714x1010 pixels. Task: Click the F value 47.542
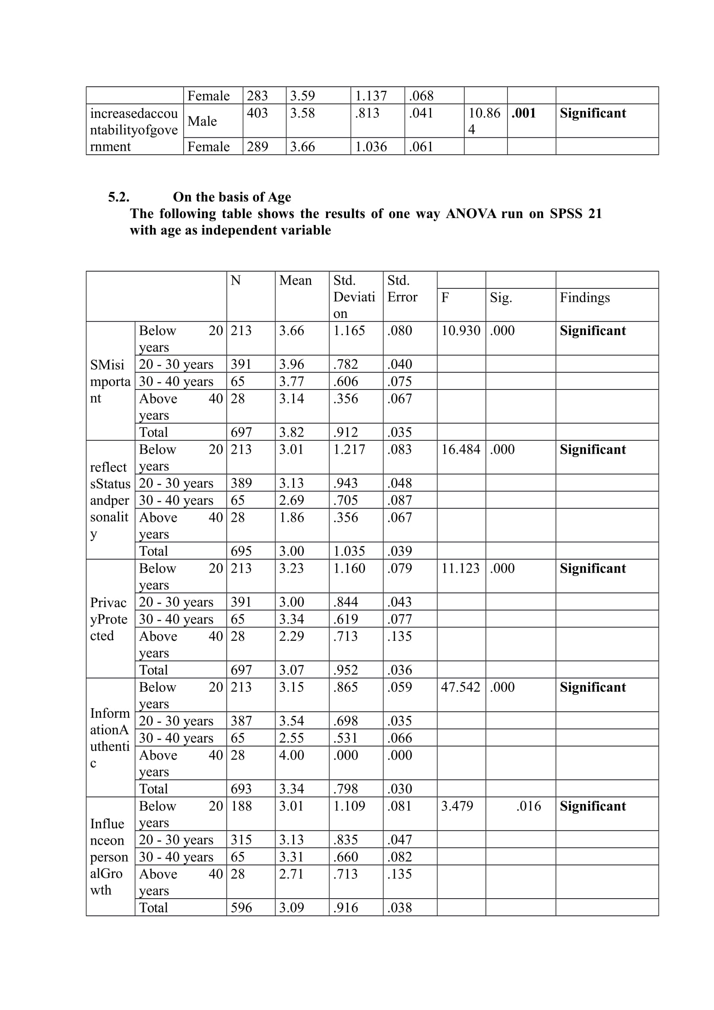tap(460, 687)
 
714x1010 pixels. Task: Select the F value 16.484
tap(460, 450)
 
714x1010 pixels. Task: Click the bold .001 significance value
tap(524, 113)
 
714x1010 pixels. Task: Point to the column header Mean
tap(295, 280)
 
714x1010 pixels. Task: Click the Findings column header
tap(585, 298)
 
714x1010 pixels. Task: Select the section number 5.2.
tap(119, 197)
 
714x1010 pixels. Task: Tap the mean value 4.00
tap(291, 755)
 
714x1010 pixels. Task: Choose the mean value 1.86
tap(291, 517)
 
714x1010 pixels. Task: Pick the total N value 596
tap(241, 908)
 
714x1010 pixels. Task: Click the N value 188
tap(241, 806)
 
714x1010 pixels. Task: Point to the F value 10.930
tap(460, 331)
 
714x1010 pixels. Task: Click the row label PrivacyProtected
tap(109, 619)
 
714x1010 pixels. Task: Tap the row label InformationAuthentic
tap(110, 738)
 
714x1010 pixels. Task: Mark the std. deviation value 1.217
tap(349, 450)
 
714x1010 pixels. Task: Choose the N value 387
tap(241, 721)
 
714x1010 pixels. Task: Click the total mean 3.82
tap(291, 432)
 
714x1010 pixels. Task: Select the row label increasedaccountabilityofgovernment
tap(134, 130)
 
